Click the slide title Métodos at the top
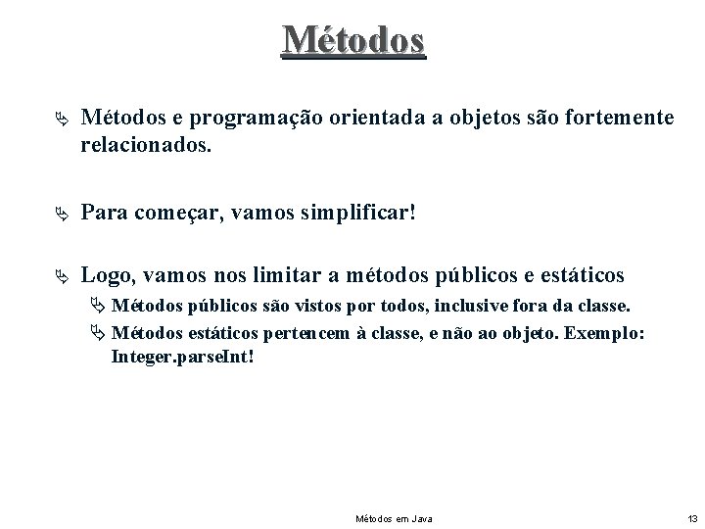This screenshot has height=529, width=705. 352,39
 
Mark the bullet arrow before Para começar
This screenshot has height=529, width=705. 63,212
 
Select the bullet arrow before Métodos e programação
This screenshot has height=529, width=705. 63,119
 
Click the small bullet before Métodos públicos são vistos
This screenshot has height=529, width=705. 99,306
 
